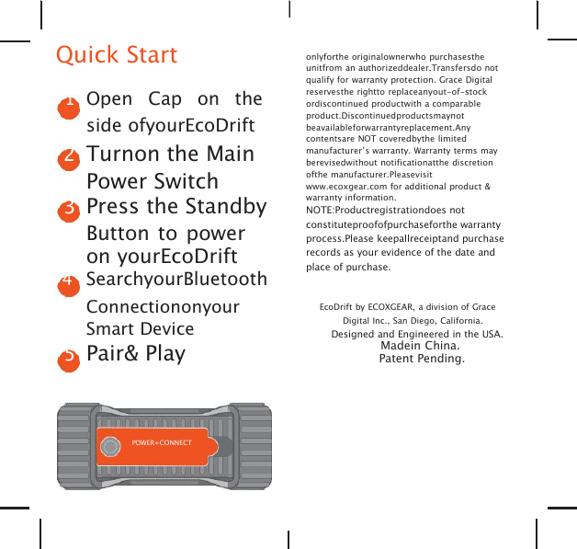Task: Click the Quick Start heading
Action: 117,55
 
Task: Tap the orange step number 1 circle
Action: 68,105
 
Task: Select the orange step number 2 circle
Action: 68,156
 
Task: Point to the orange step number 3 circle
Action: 68,209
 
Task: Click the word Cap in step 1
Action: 165,99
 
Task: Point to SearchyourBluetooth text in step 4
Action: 176,279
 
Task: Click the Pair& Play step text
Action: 135,354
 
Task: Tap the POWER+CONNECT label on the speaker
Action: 162,443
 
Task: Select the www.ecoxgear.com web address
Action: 349,187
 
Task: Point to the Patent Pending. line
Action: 422,358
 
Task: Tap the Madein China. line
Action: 420,346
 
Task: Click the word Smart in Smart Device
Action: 108,329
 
